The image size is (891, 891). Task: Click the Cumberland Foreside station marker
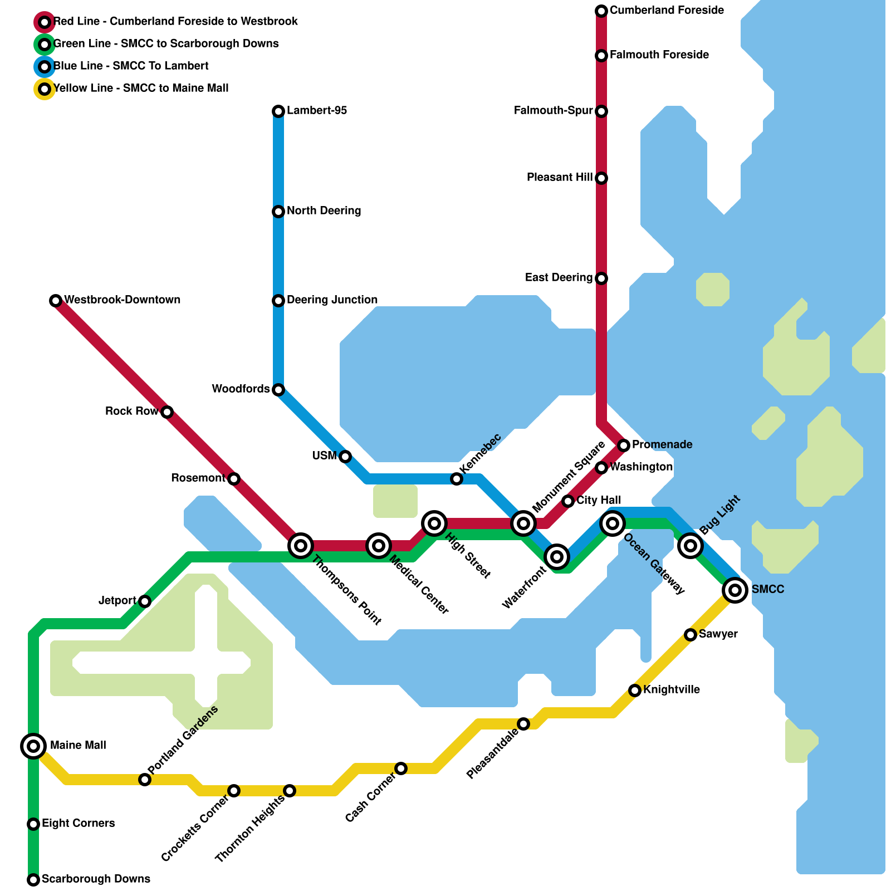(x=601, y=11)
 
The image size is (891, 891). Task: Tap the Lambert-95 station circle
(x=278, y=111)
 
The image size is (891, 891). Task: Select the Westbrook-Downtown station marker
(x=56, y=301)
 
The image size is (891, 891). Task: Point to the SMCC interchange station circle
(x=735, y=590)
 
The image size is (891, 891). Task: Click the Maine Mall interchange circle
(x=33, y=746)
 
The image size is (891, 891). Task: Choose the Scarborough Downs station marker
(x=33, y=880)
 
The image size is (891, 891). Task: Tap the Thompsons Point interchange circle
(x=301, y=546)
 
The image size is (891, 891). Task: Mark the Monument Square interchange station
(x=523, y=523)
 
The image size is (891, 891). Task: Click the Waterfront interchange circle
(x=557, y=556)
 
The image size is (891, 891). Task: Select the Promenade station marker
(x=624, y=445)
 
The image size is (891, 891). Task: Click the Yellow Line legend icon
(x=45, y=89)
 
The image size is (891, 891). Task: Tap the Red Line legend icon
(x=45, y=22)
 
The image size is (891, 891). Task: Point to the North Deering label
(x=324, y=211)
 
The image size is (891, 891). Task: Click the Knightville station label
(x=671, y=690)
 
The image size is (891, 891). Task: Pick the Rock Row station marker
(x=167, y=412)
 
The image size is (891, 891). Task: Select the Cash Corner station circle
(x=401, y=768)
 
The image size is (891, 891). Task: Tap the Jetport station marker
(x=145, y=601)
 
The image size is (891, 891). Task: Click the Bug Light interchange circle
(x=691, y=545)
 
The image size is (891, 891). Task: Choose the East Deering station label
(x=559, y=278)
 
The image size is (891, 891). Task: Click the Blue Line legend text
(x=131, y=66)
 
